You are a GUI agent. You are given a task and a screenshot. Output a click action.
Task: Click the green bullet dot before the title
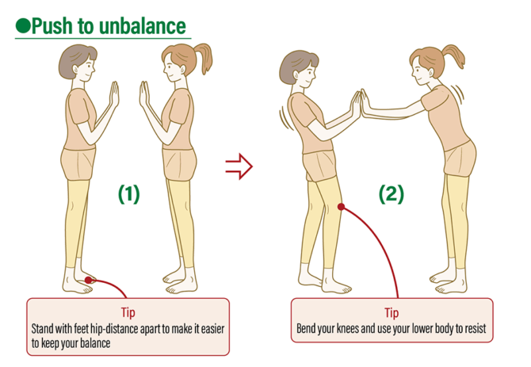coord(23,25)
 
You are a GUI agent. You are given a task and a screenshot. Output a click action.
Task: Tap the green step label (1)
coord(128,194)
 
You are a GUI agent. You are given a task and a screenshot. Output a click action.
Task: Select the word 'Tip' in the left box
coord(128,312)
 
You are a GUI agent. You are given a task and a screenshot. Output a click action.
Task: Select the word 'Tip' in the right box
coord(392,312)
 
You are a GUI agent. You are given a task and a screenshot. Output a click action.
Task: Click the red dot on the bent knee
coord(341,208)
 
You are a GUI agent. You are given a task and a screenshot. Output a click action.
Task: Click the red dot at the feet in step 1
coord(89,278)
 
